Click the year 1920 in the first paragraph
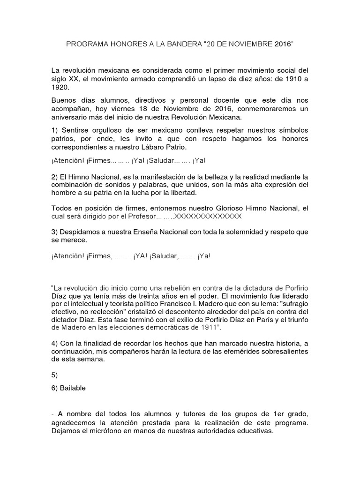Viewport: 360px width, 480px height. click(60, 87)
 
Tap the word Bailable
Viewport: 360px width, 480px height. click(72, 388)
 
